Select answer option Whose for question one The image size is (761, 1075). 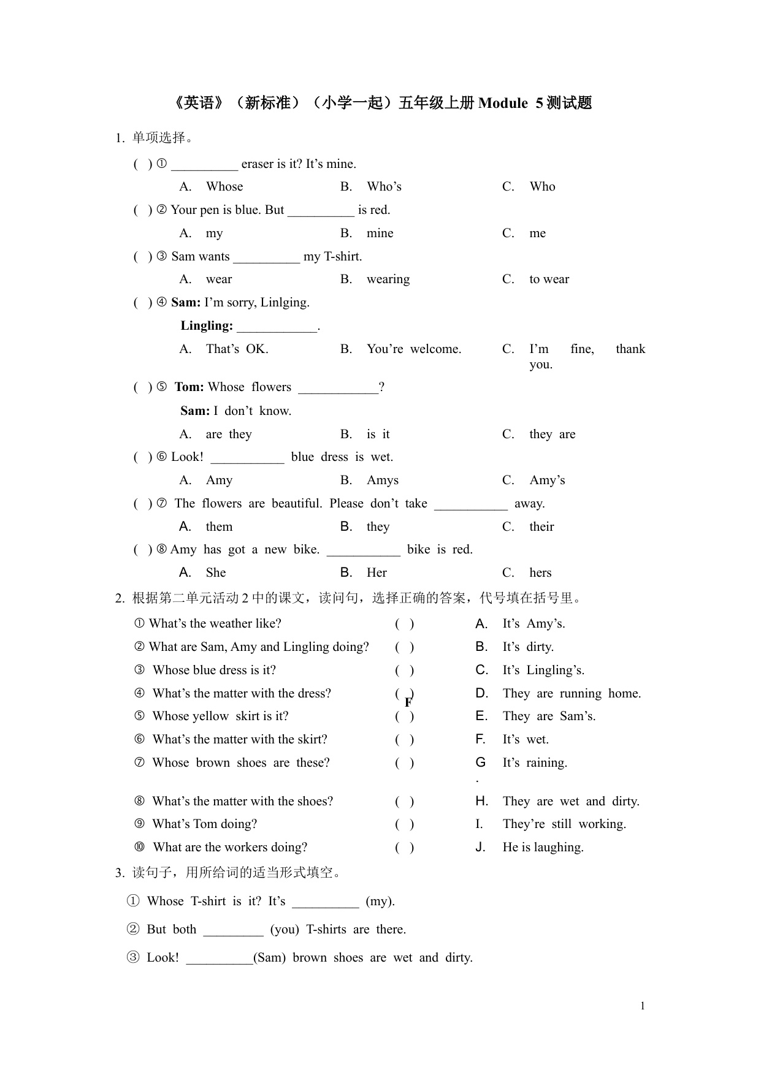tap(224, 187)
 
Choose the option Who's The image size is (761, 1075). tap(384, 187)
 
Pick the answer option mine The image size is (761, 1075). tap(380, 234)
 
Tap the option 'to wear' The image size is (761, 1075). tap(549, 279)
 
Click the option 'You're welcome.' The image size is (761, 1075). tap(414, 349)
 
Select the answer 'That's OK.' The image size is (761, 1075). tap(237, 349)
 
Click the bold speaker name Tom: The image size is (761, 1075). tap(189, 387)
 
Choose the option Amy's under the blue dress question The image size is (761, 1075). tap(547, 481)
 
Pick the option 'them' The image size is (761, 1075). tap(219, 527)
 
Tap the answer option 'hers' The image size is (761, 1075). tap(540, 573)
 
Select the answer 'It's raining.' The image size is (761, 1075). tap(535, 763)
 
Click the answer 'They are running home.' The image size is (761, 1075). tap(572, 694)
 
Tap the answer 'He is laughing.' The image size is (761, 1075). tap(543, 848)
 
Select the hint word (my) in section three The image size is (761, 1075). tap(380, 902)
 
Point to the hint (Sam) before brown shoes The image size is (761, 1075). tap(270, 958)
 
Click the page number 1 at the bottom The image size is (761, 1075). tap(642, 1006)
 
